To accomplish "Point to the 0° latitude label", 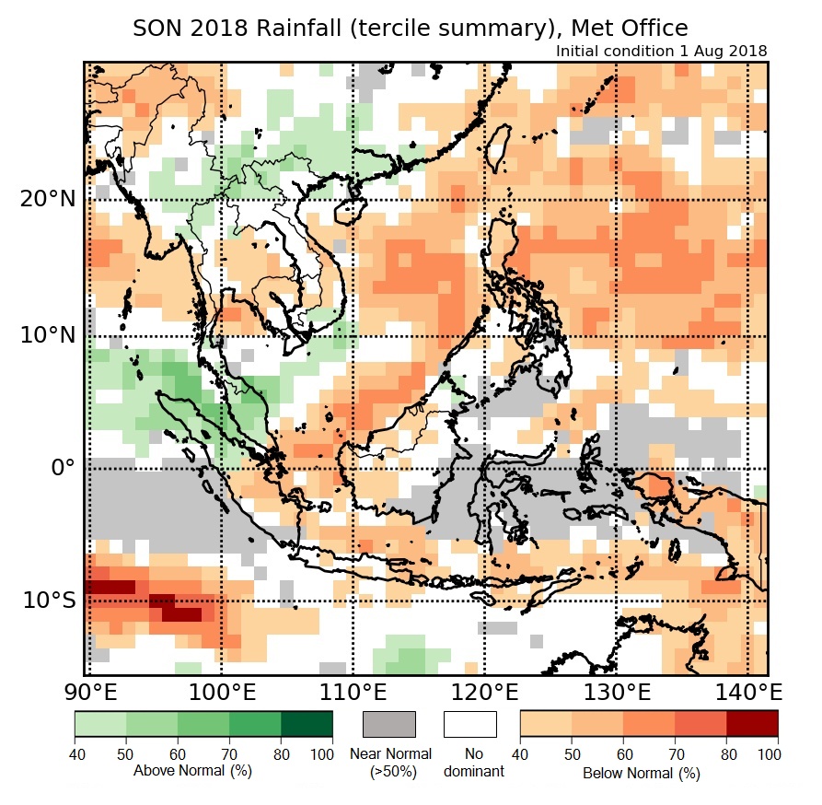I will point(61,467).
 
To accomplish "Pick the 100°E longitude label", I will point(221,692).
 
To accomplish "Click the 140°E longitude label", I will point(748,692).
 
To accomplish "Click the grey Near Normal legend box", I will point(389,724).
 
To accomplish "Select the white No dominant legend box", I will point(470,724).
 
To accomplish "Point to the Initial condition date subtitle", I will point(661,51).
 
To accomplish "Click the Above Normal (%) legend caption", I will point(192,770).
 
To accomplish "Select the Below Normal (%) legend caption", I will point(641,773).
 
